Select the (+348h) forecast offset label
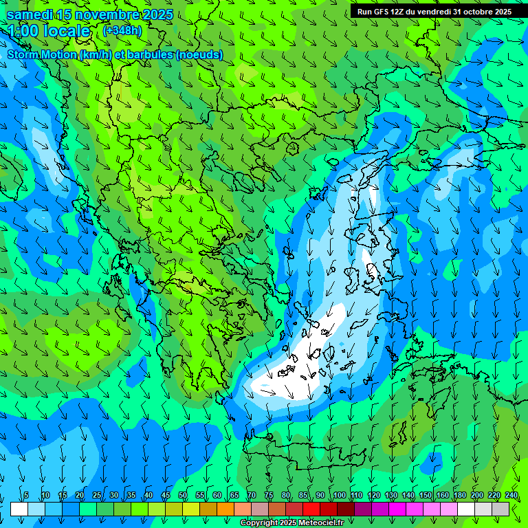point(122,30)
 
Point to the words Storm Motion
point(42,54)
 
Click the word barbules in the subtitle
point(148,54)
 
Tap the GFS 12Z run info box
point(434,12)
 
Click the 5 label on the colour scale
point(26,495)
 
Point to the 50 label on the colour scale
point(183,495)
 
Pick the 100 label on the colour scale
point(339,495)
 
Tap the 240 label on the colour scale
point(511,495)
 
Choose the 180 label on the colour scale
point(459,495)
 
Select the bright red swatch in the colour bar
point(311,509)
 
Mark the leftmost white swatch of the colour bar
point(19,509)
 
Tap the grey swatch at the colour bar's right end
point(500,509)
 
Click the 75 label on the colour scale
point(269,495)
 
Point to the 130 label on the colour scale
point(390,495)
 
